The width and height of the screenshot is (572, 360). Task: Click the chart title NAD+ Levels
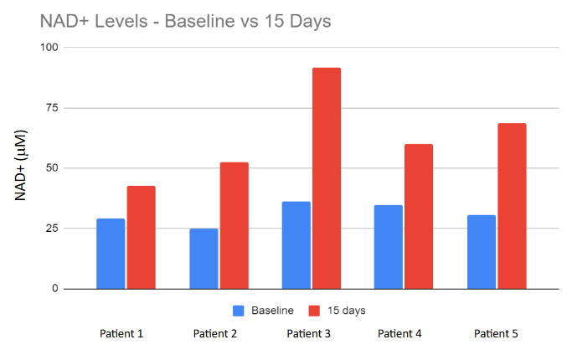click(x=185, y=21)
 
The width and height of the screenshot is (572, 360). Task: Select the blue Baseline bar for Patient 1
click(x=111, y=254)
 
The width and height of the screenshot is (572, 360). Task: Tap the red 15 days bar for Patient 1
click(x=142, y=237)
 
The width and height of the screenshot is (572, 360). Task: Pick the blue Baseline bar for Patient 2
click(x=204, y=259)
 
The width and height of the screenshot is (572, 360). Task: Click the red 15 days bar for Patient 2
click(x=234, y=225)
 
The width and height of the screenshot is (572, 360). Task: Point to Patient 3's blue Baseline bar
click(x=296, y=245)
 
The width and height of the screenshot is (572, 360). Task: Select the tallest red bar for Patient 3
click(x=327, y=178)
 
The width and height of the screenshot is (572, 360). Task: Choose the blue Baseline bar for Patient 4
click(x=389, y=247)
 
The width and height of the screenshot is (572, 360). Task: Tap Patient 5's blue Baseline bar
click(x=481, y=252)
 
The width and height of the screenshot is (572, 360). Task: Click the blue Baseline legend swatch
click(x=239, y=311)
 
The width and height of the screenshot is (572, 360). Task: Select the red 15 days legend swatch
click(x=316, y=311)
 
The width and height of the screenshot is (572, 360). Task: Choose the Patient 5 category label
click(x=496, y=334)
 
